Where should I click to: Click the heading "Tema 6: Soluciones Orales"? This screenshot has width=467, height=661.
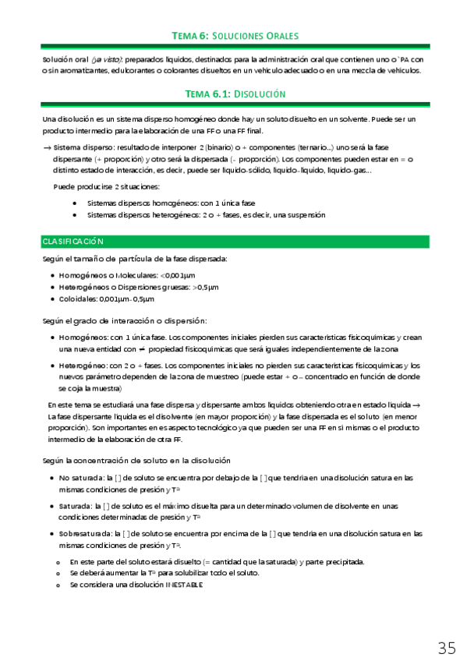(x=235, y=36)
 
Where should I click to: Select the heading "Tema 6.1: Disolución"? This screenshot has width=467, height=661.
(x=235, y=94)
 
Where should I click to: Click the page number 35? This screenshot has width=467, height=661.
(x=447, y=648)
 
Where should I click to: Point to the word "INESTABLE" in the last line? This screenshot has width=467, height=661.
(x=184, y=584)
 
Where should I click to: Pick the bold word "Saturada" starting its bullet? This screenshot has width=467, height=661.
(x=75, y=506)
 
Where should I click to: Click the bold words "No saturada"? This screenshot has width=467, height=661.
(x=80, y=478)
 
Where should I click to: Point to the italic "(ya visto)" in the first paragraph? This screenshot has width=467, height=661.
(x=104, y=59)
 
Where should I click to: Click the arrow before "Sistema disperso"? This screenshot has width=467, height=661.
(x=47, y=147)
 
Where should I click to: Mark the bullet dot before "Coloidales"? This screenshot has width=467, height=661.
(x=51, y=299)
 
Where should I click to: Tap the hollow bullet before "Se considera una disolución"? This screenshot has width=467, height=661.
(x=58, y=585)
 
